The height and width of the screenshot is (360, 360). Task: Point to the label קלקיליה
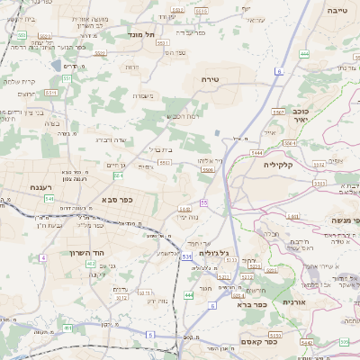(x=280, y=165)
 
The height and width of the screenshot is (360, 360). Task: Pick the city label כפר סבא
(x=117, y=200)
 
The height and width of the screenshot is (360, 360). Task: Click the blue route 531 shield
(x=186, y=256)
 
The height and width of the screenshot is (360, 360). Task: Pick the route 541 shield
(x=49, y=197)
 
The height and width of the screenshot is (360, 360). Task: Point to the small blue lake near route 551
(x=58, y=67)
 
